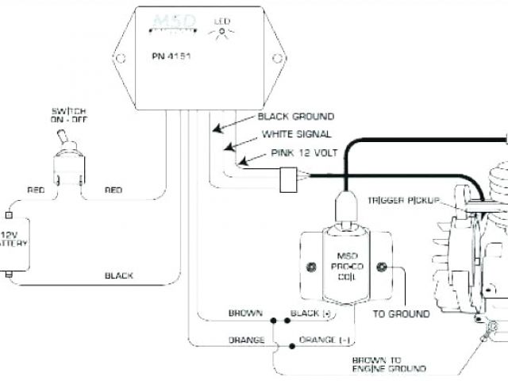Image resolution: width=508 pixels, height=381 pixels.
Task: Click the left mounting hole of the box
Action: tap(121, 59)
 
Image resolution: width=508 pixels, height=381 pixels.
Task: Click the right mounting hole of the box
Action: tap(278, 59)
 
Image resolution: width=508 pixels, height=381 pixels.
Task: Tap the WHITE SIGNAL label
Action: tap(296, 134)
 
